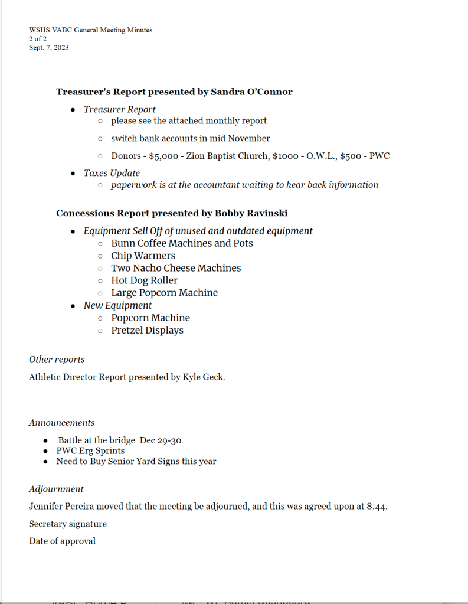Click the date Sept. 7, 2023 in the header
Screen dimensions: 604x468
pyautogui.click(x=48, y=48)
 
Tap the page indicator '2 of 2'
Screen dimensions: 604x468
pyautogui.click(x=38, y=39)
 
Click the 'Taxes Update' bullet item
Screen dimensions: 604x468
pyautogui.click(x=112, y=173)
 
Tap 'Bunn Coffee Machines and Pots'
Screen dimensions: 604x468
pyautogui.click(x=182, y=243)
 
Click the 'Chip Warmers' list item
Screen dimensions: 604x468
pyautogui.click(x=143, y=256)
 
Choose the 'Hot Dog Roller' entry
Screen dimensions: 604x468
pyautogui.click(x=144, y=280)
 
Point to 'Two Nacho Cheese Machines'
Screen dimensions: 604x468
pyautogui.click(x=176, y=268)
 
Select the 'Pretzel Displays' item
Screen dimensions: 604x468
pyautogui.click(x=147, y=330)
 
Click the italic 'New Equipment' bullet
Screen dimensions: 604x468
pyautogui.click(x=117, y=305)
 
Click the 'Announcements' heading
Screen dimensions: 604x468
pyautogui.click(x=61, y=423)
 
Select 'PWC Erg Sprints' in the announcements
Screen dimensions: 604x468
pyautogui.click(x=90, y=451)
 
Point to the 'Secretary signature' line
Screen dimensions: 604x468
pyautogui.click(x=68, y=524)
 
